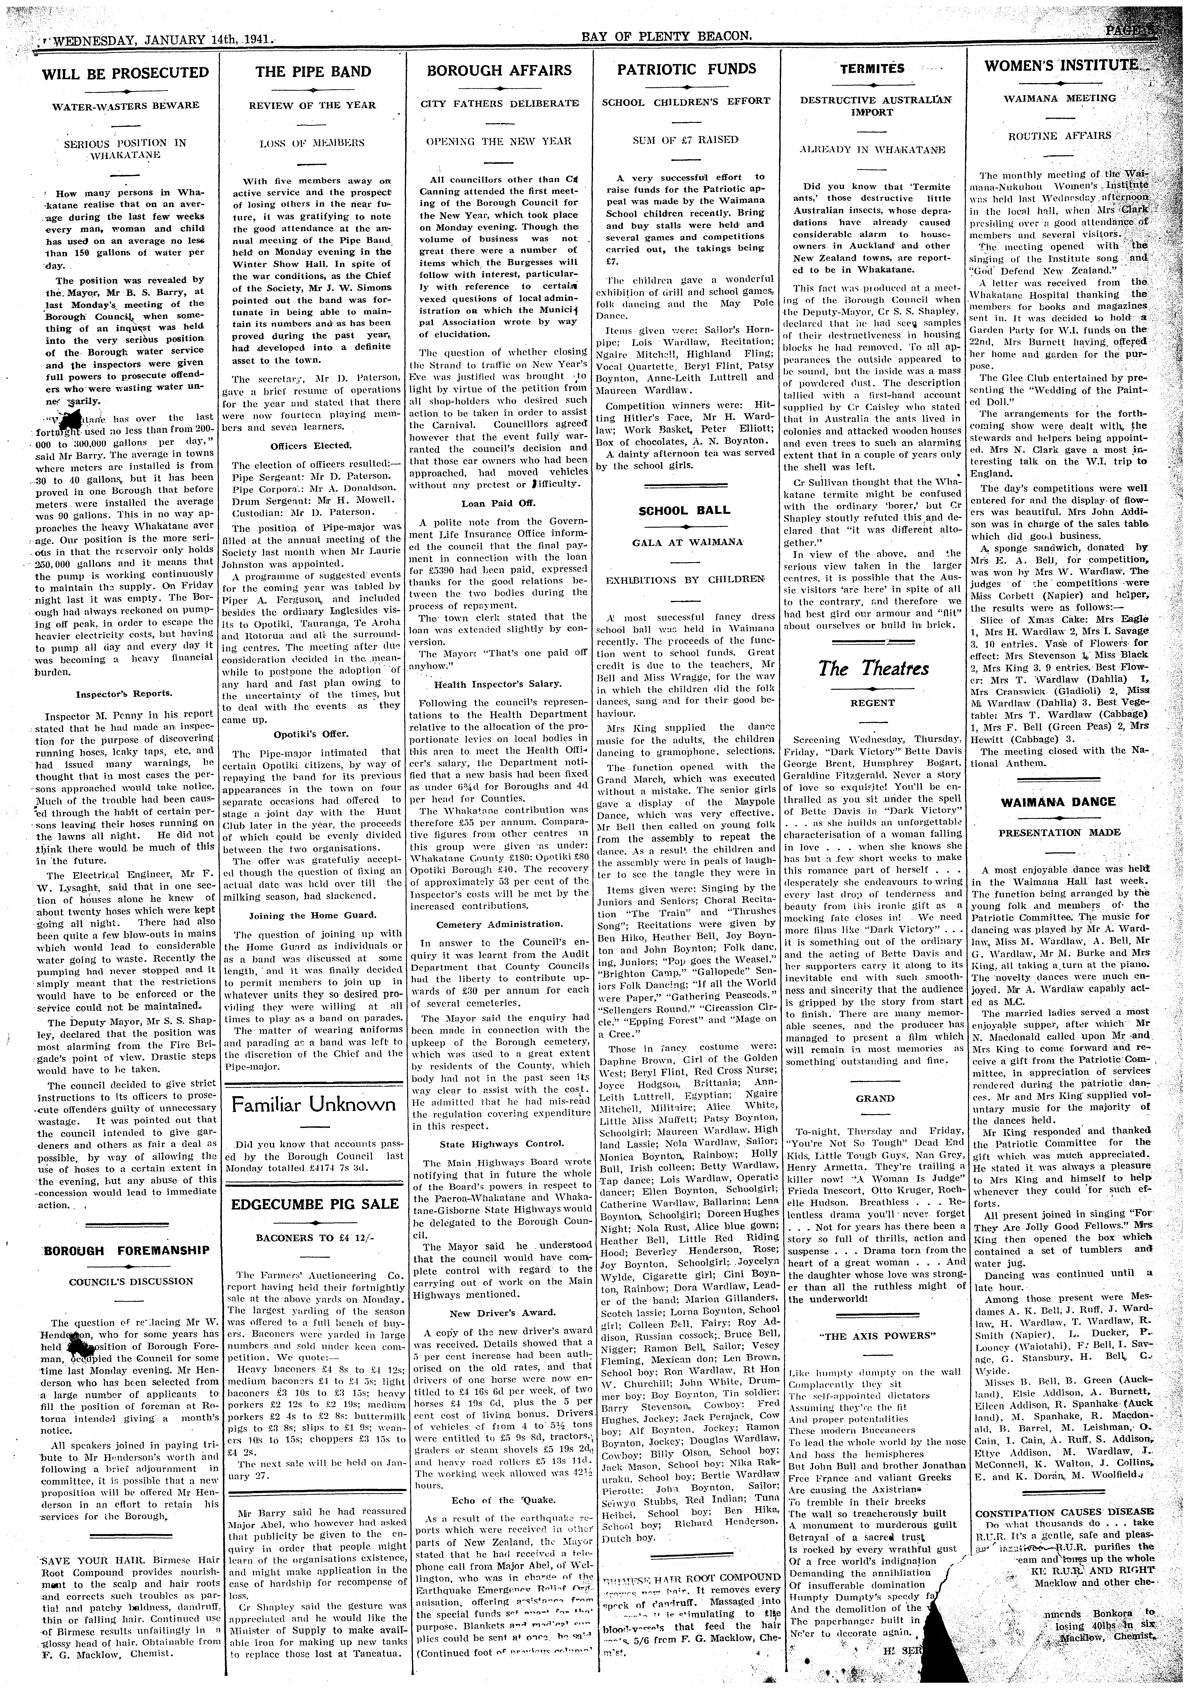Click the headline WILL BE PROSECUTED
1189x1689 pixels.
(x=125, y=73)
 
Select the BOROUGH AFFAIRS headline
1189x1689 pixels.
(x=499, y=71)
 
